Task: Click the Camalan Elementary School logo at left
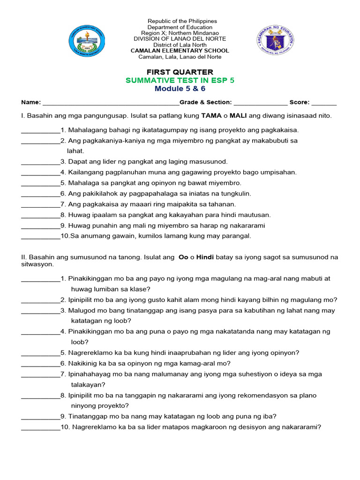[87, 39]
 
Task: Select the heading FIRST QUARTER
[180, 72]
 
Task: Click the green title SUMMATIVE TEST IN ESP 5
[180, 80]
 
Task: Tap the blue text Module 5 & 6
[180, 89]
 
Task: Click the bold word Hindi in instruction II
[205, 257]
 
